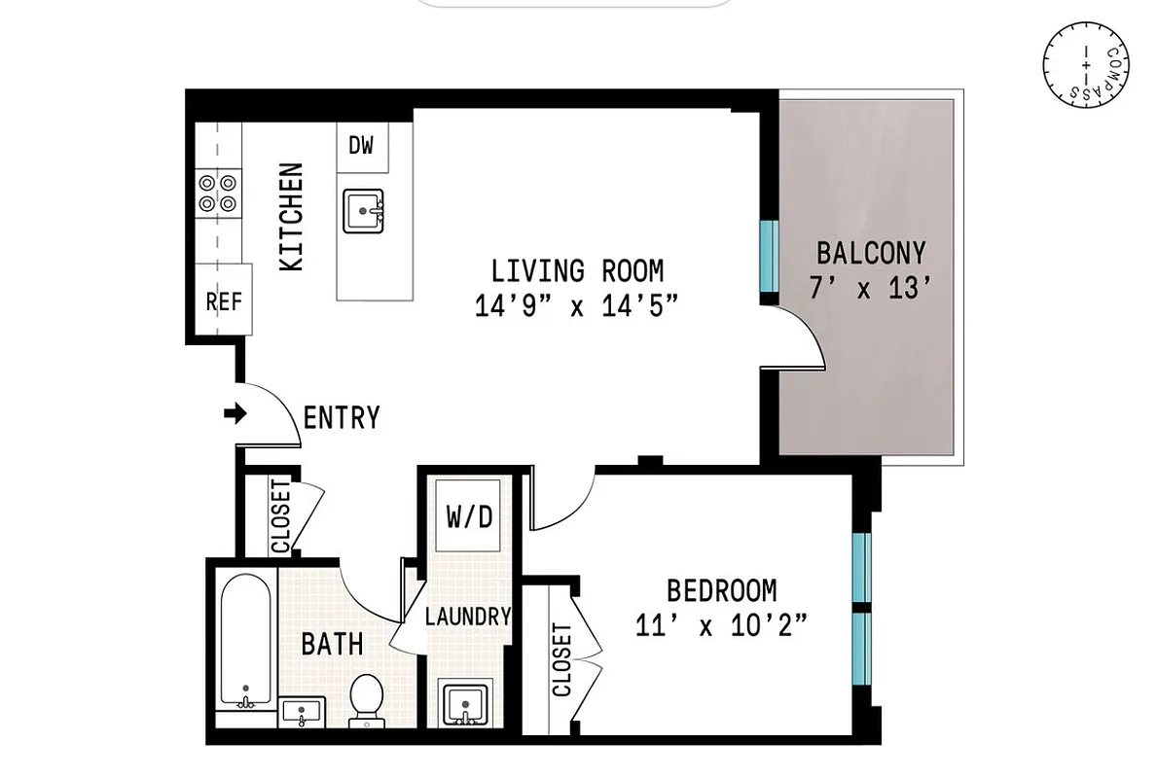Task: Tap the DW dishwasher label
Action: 362,147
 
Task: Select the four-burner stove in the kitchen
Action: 218,192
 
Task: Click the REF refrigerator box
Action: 224,301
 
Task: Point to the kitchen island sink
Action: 364,210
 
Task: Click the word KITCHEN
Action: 292,217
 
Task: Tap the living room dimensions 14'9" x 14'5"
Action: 576,307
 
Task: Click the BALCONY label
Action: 871,254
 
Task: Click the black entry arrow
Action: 235,414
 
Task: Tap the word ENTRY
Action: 342,418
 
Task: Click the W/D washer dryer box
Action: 469,517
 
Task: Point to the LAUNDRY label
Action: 468,616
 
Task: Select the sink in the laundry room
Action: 465,701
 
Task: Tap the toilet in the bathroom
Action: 367,699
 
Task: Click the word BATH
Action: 332,643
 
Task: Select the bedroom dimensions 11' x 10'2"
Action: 721,625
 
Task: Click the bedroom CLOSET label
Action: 562,660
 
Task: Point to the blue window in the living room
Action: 769,255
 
